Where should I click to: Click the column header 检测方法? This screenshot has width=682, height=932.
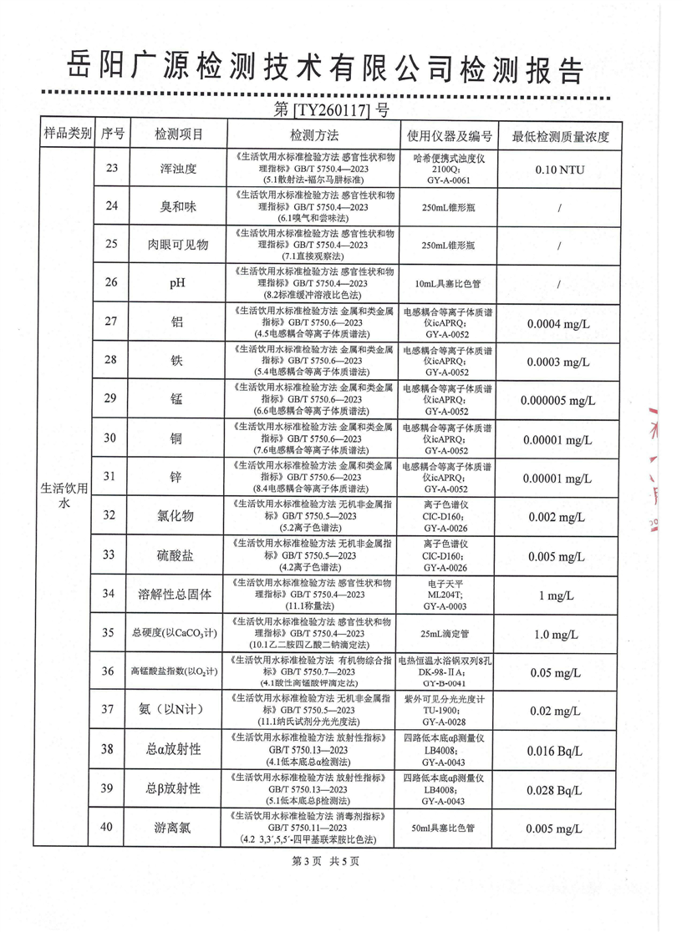point(313,134)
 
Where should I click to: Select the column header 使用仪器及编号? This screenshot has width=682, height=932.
point(449,135)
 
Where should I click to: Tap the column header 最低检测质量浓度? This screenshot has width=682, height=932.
point(561,135)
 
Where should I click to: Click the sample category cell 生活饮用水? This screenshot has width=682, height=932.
point(65,491)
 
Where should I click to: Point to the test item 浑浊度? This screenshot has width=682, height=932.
point(178,168)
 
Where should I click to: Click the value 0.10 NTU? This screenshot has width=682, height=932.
point(557,169)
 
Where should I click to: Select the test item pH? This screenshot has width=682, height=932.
point(177,283)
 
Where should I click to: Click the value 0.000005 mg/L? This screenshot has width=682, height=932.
point(557,400)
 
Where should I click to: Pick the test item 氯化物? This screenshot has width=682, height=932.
point(178,515)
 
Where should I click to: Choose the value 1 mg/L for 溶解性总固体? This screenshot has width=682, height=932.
point(557,595)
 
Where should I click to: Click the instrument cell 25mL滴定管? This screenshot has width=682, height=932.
point(449,633)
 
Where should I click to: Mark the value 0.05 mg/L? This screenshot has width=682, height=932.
point(557,671)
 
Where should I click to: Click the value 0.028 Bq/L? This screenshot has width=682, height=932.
point(557,788)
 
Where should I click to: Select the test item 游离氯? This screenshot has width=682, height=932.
point(174,828)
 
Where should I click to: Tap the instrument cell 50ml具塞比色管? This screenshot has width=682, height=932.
point(449,828)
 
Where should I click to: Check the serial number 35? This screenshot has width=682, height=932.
point(109,633)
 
